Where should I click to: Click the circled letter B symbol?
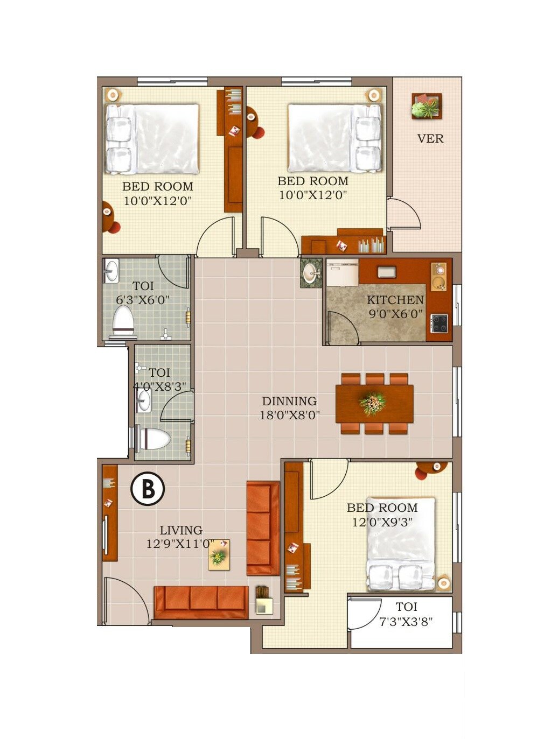[x=148, y=489]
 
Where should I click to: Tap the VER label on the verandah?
[x=430, y=139]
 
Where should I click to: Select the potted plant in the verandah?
[x=427, y=107]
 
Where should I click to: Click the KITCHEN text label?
[x=395, y=300]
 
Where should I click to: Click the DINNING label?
[x=289, y=402]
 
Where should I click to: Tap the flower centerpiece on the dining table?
[x=373, y=403]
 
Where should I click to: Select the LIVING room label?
[x=181, y=531]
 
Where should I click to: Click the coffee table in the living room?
[x=219, y=555]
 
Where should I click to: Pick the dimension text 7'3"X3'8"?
[x=406, y=622]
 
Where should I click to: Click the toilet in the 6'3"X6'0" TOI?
[x=123, y=322]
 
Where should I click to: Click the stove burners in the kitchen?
[x=440, y=323]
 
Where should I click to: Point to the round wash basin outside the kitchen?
[x=310, y=273]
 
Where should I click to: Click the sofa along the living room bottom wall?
[x=201, y=602]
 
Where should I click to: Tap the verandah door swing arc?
[x=405, y=214]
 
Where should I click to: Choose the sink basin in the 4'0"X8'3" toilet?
[x=144, y=401]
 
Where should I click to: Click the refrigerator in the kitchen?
[x=343, y=273]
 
